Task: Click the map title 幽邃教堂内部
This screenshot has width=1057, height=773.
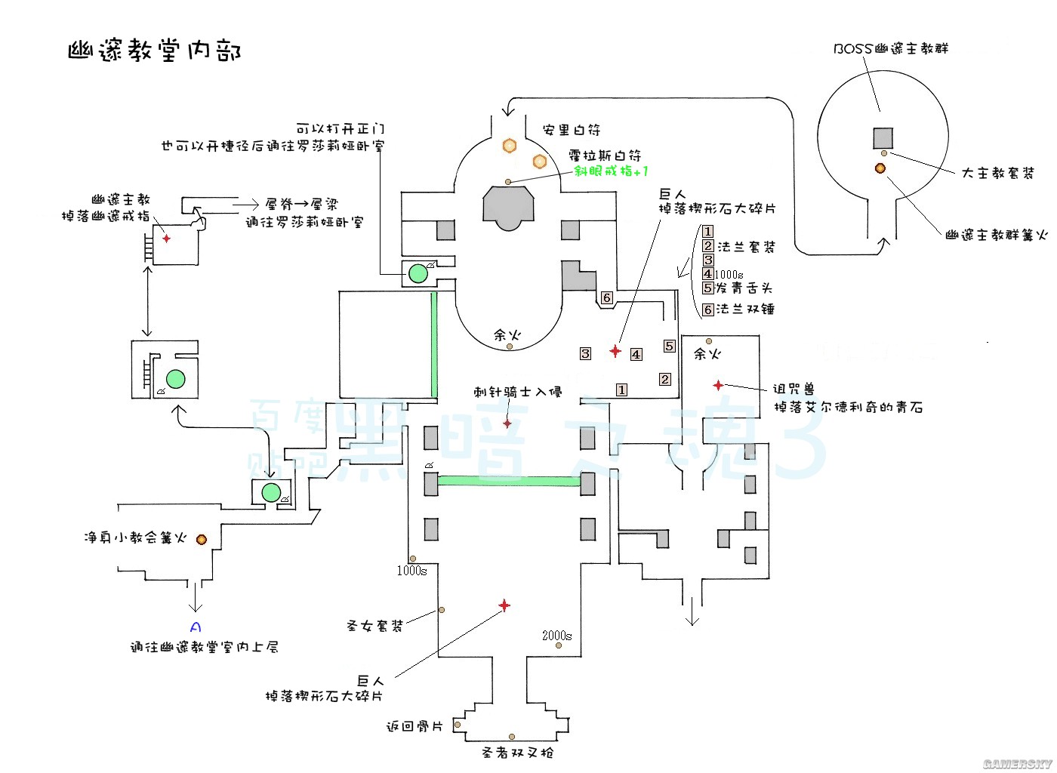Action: coord(155,51)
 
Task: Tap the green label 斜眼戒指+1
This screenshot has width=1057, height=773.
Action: coord(611,171)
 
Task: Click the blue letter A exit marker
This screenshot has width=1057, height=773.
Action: coord(196,627)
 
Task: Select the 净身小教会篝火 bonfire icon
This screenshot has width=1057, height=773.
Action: coord(202,539)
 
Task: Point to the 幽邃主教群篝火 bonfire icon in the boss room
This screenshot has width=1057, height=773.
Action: coord(880,168)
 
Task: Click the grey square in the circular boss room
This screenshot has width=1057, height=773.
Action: coord(883,138)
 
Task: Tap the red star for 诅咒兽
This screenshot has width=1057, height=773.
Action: coord(718,385)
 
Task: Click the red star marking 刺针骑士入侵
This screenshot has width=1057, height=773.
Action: coord(507,423)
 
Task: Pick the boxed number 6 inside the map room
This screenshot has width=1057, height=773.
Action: coord(606,298)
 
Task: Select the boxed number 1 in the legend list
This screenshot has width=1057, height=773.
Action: coord(707,232)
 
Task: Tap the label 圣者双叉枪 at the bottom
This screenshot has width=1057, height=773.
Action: coord(517,753)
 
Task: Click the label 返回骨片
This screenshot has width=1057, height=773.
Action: coord(414,726)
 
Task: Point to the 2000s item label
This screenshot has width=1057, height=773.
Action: coord(556,636)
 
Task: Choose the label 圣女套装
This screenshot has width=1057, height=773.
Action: coord(374,626)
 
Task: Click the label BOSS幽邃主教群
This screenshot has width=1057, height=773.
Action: coord(891,48)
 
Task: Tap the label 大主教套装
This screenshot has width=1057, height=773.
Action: coord(997,173)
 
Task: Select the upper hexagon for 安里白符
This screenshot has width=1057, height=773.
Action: coord(510,145)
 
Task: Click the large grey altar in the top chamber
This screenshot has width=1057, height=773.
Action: coord(508,205)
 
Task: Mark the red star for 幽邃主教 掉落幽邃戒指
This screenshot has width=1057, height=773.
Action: coord(166,239)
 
